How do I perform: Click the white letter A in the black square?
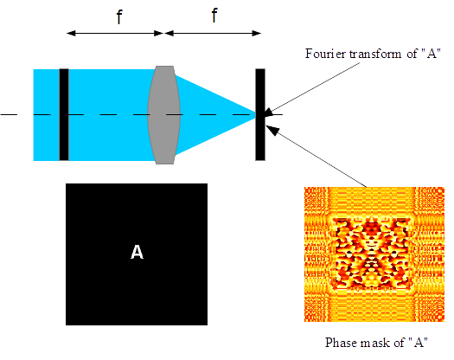tap(137, 253)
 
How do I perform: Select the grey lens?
tap(162, 114)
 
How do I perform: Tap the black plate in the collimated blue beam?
tap(63, 114)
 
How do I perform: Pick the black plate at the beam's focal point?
tap(260, 115)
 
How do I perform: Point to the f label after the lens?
tap(212, 16)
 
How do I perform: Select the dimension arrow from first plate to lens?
tap(115, 33)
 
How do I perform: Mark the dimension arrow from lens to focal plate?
tap(212, 33)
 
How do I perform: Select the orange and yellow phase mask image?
tap(374, 254)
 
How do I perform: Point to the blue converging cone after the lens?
tap(212, 114)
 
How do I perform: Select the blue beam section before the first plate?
tap(45, 114)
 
